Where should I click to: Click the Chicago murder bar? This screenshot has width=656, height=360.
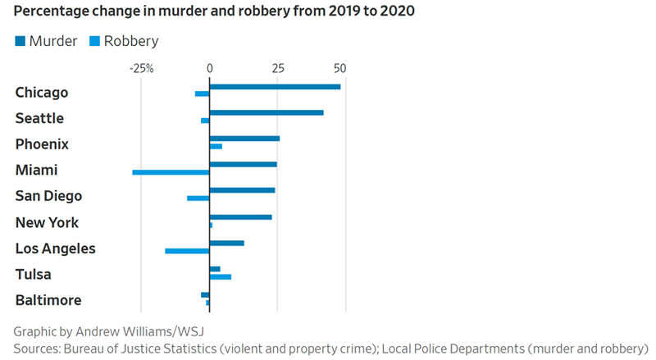tap(275, 86)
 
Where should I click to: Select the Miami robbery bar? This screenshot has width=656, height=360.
tap(171, 172)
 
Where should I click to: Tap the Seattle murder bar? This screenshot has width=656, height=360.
tap(266, 112)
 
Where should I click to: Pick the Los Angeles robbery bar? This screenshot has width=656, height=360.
tap(187, 250)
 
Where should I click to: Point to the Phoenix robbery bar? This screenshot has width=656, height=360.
tap(216, 146)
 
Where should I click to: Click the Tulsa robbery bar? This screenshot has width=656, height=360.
tap(221, 276)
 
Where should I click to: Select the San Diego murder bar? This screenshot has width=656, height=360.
tap(242, 190)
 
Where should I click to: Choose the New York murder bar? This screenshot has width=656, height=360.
tap(240, 216)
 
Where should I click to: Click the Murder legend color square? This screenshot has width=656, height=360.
tap(20, 40)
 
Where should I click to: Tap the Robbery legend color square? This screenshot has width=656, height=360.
tap(94, 40)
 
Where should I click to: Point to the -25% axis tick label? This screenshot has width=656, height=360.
tap(142, 68)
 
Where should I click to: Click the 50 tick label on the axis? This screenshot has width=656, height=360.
tap(339, 68)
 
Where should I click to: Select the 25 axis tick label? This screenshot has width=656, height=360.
tap(278, 68)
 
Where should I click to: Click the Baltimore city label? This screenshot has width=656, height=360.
tap(48, 300)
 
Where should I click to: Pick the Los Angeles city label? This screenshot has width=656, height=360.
tap(56, 248)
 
